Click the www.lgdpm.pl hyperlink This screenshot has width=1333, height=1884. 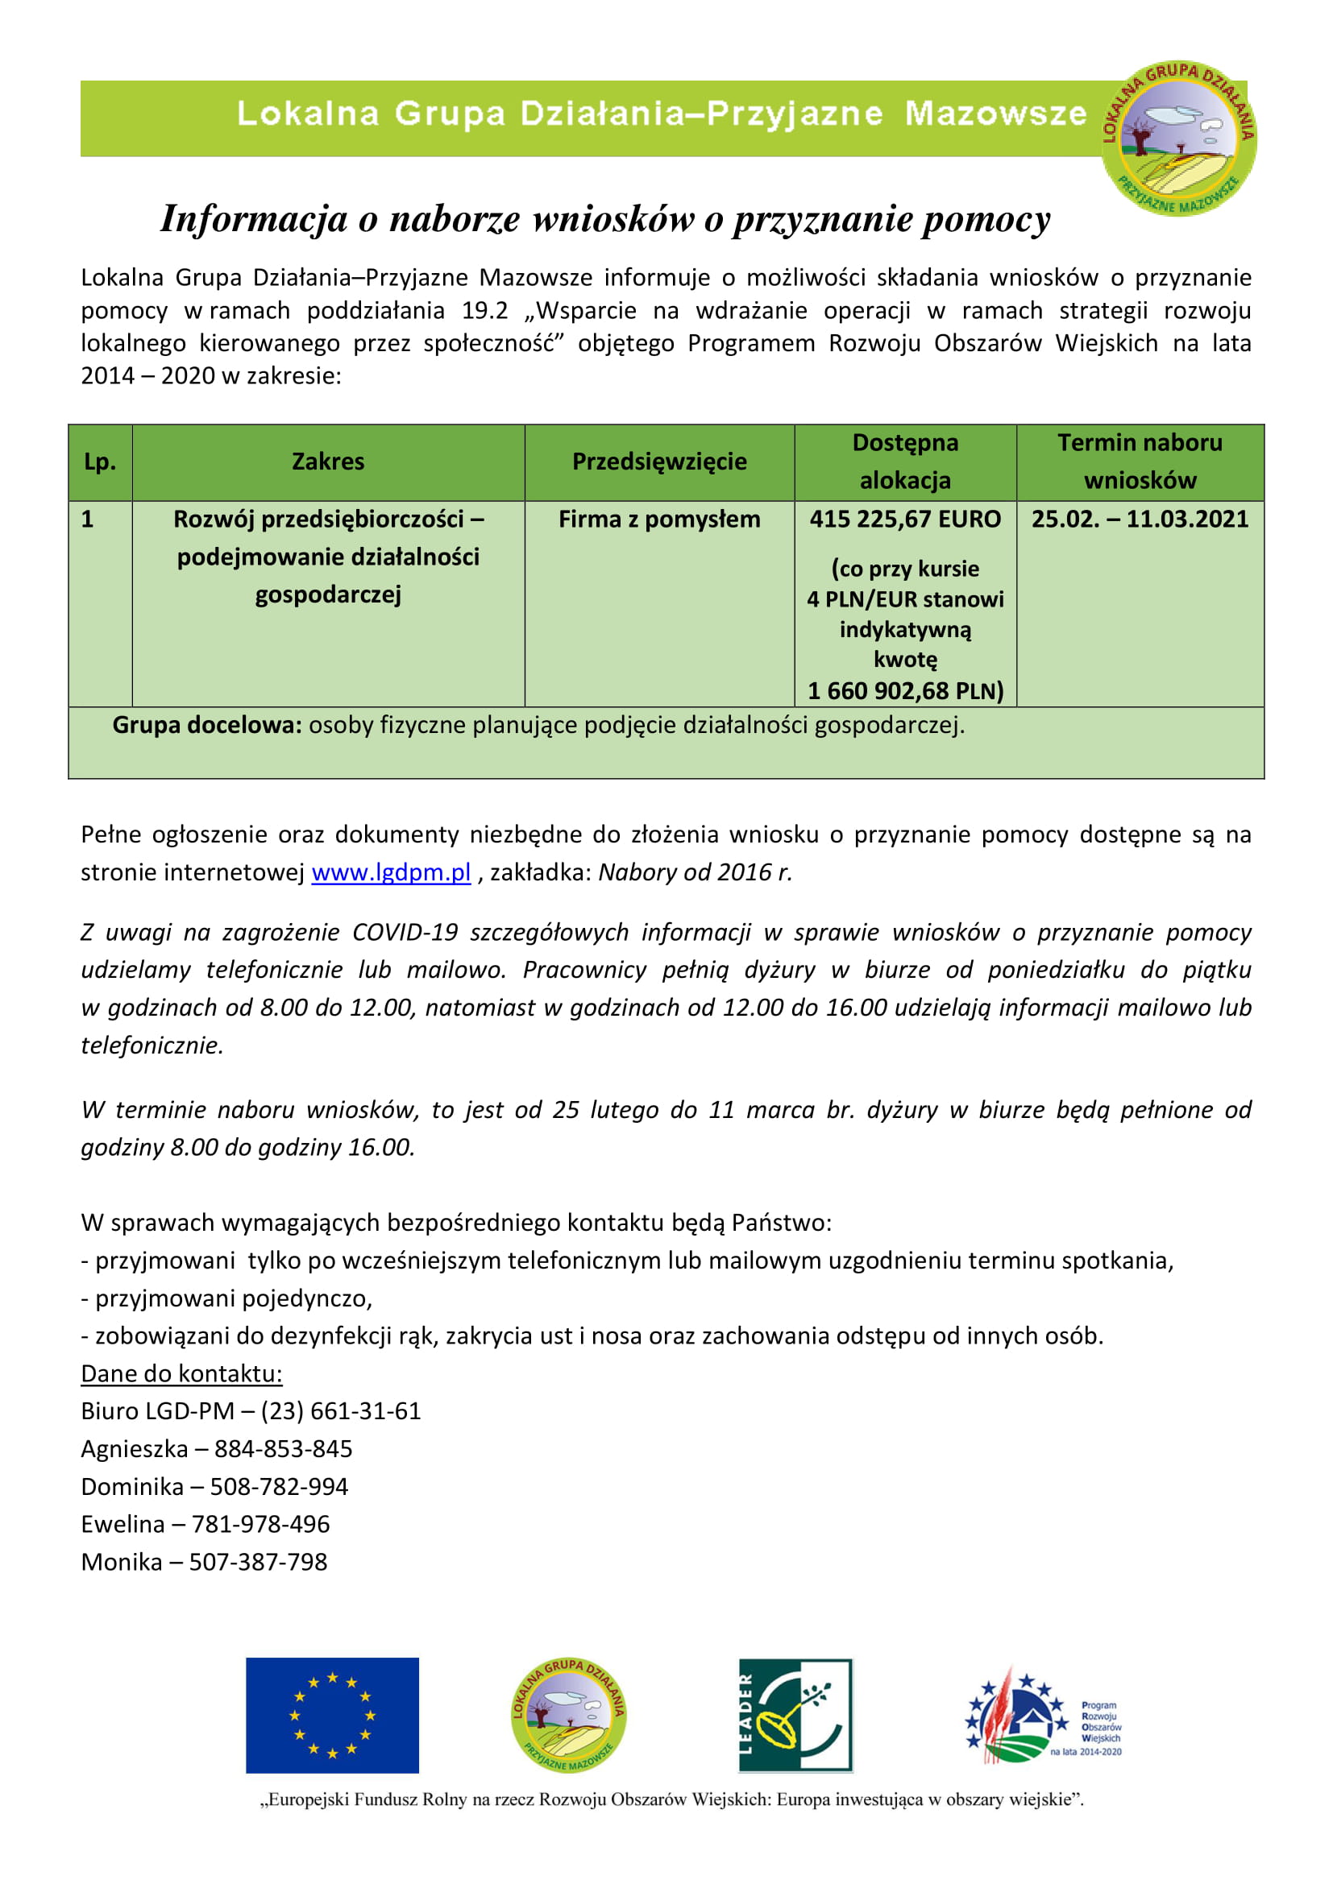(x=391, y=872)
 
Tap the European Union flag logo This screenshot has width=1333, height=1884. (x=331, y=1715)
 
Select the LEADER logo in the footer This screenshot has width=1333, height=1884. (x=795, y=1715)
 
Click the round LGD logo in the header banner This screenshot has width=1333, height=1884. (x=1178, y=139)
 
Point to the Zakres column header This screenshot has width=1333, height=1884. (x=327, y=462)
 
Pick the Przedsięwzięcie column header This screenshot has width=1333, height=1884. (x=659, y=462)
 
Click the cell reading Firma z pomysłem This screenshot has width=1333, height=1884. (x=659, y=520)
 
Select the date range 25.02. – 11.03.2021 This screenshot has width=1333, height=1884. (x=1140, y=520)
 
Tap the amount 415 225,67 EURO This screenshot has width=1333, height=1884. (x=904, y=520)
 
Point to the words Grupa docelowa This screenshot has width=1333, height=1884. (x=207, y=726)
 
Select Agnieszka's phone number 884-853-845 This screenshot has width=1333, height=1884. (x=283, y=1449)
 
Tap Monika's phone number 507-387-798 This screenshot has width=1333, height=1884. (x=258, y=1563)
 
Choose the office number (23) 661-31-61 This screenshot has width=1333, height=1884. (x=341, y=1411)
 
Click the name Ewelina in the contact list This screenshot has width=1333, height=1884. (x=123, y=1525)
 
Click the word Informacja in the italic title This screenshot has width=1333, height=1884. (x=253, y=219)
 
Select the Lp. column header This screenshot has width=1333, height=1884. (x=100, y=462)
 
